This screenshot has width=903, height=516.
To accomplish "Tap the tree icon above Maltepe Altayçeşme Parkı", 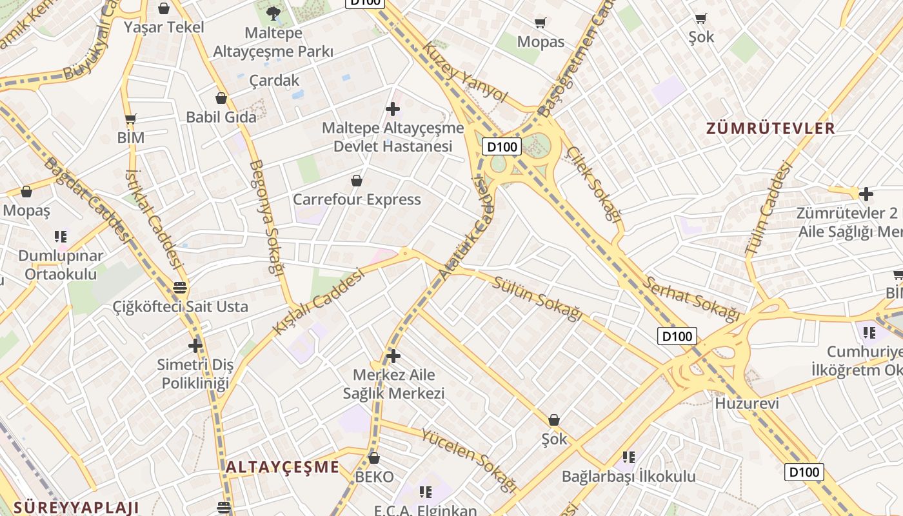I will point(273,14).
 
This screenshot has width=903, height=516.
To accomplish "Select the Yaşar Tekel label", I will point(164,27).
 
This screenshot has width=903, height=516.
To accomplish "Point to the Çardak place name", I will point(275,80).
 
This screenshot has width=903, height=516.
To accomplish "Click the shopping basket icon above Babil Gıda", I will point(221,98).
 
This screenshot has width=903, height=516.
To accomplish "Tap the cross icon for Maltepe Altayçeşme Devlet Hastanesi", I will point(392,109).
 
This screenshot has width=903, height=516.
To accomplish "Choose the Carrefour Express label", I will point(357,199).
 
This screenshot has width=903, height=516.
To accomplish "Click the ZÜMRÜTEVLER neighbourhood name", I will point(771,128).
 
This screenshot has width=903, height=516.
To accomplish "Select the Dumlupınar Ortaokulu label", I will point(61,264).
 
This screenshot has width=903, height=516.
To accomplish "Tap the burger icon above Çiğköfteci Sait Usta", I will point(180,287).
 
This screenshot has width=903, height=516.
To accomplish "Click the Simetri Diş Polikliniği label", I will point(195,374).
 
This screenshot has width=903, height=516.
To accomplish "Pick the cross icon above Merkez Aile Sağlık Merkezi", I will point(393,355).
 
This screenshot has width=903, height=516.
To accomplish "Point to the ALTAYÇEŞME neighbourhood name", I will point(283,467).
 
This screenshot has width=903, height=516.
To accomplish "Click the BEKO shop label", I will point(374,477).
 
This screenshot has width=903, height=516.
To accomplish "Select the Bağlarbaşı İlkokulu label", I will point(629,477).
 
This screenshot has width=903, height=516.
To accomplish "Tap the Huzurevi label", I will point(747,403).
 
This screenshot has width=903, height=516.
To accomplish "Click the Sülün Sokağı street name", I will point(537,298).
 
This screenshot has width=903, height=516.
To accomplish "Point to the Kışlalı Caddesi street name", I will point(318,301).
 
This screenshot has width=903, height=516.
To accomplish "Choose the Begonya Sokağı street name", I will point(266,218).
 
